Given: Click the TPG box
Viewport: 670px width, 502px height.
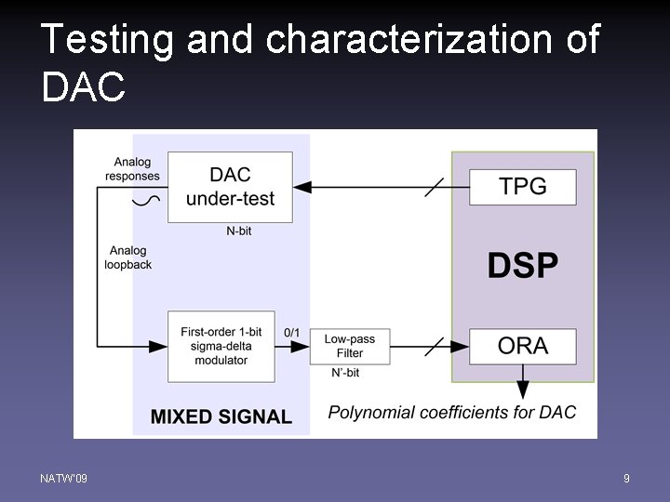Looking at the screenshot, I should [x=523, y=187].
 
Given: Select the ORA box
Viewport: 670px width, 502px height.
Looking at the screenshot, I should [x=523, y=346].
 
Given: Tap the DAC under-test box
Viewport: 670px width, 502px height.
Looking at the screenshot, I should [x=230, y=187].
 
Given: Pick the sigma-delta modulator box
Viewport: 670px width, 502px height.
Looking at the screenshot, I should [x=221, y=346].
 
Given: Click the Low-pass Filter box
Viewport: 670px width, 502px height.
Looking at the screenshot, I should [x=350, y=346].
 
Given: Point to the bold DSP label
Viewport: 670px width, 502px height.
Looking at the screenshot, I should [x=523, y=266].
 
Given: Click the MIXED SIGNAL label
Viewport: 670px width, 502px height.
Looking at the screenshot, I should [x=221, y=416].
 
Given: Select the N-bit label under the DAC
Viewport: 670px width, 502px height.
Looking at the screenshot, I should [x=238, y=231].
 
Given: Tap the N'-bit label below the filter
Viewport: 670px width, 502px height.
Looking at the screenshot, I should [x=345, y=373].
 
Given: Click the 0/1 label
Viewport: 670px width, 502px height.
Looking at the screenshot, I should [x=291, y=332].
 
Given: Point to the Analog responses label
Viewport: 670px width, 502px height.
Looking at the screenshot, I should [x=132, y=168].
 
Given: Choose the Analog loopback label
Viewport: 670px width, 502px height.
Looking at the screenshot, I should [x=128, y=258].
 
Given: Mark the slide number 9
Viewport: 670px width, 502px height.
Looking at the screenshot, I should [x=626, y=478].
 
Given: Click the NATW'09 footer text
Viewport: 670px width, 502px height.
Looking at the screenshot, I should [x=64, y=478].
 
